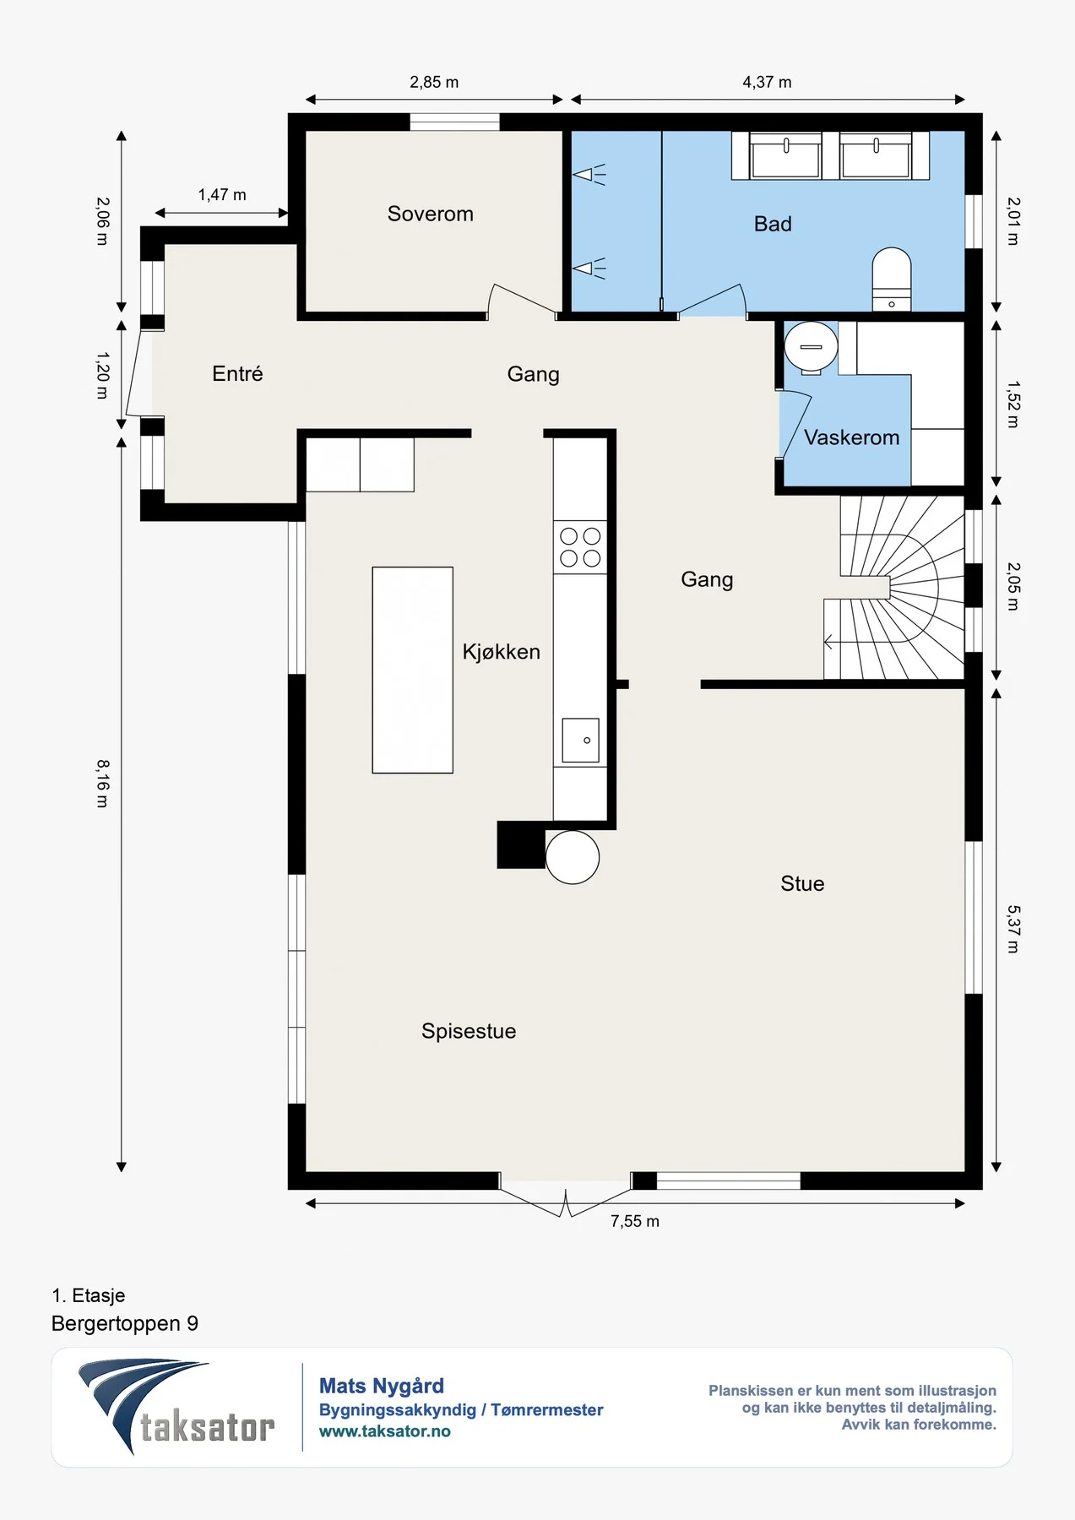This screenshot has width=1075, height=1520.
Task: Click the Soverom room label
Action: pos(430,214)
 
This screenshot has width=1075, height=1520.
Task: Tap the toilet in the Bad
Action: pos(891,279)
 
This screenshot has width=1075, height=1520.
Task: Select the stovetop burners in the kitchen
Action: pos(580,547)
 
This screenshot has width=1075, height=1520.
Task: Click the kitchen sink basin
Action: pos(581,741)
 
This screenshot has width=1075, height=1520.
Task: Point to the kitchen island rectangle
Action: pos(413,670)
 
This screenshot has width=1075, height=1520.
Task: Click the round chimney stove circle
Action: pos(573,857)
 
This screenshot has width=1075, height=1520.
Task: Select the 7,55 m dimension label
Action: pos(635,1221)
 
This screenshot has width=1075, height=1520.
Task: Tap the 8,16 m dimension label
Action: pos(102,784)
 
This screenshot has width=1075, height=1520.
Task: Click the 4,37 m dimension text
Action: pos(767,82)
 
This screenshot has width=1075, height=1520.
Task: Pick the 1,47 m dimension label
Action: pos(222,195)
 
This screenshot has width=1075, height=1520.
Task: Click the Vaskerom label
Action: pos(851,437)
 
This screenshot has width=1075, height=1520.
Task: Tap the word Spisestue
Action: pos(469,1031)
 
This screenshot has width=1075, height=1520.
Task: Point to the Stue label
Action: pos(802,883)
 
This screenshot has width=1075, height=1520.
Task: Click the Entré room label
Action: pos(237,373)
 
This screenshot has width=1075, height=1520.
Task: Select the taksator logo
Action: pos(176,1407)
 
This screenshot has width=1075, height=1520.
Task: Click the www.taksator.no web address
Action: pos(384,1431)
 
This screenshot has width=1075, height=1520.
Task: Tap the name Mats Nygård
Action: pos(382,1386)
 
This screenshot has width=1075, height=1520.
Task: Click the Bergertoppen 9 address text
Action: pos(125,1323)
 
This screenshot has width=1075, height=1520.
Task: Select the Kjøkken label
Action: pos(501,652)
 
